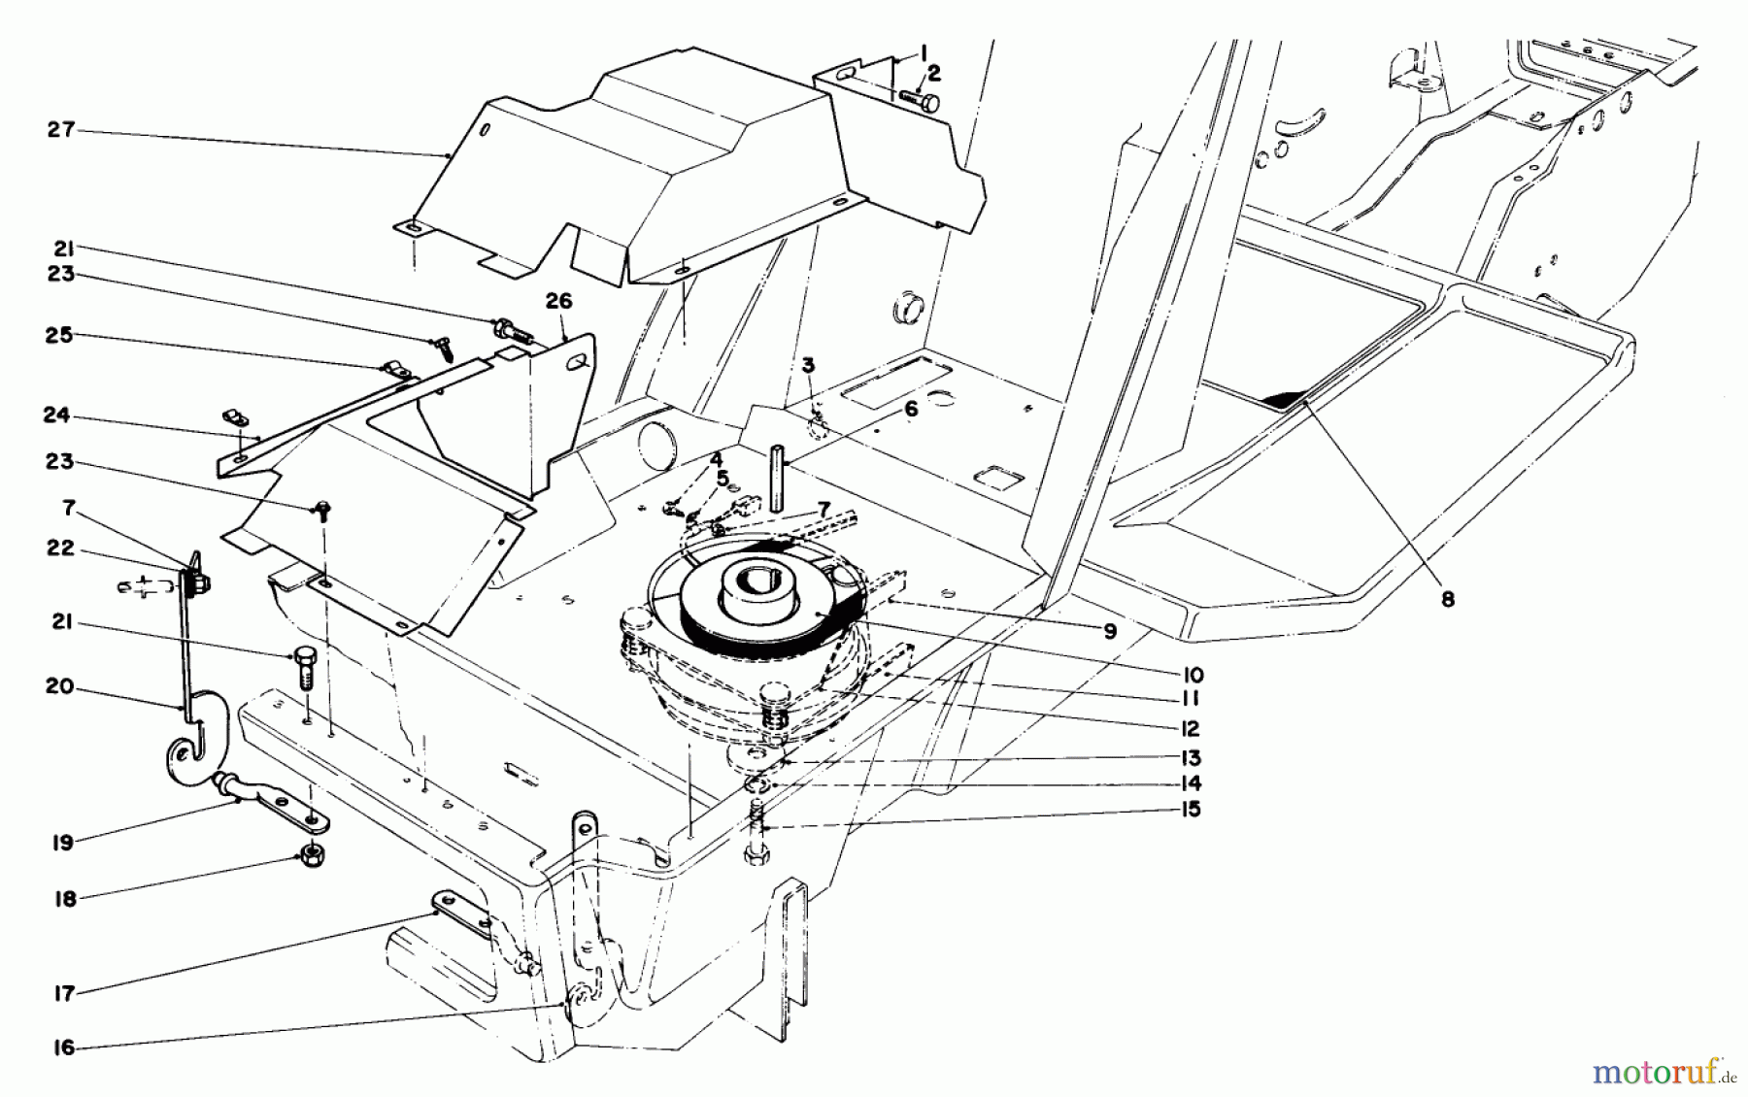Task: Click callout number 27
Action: [61, 130]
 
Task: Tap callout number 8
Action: [1447, 600]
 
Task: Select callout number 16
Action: [63, 1048]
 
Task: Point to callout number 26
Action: [558, 303]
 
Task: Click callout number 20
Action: [60, 687]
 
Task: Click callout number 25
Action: [60, 335]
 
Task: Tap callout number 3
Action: [808, 366]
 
